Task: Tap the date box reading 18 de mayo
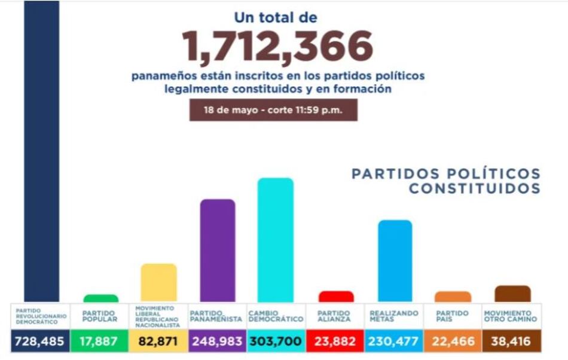(273, 110)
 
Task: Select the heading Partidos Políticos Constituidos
(446, 181)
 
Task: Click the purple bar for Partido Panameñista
(218, 251)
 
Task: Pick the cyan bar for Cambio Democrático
(276, 240)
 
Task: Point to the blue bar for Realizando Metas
(395, 261)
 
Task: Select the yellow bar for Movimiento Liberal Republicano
(158, 282)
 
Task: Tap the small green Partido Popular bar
(101, 298)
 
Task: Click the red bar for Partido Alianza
(336, 297)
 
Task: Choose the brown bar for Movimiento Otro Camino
(512, 294)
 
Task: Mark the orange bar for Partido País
(453, 297)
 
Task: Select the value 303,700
(276, 341)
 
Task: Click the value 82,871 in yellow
(158, 341)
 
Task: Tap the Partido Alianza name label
(334, 316)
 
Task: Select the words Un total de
(276, 17)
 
